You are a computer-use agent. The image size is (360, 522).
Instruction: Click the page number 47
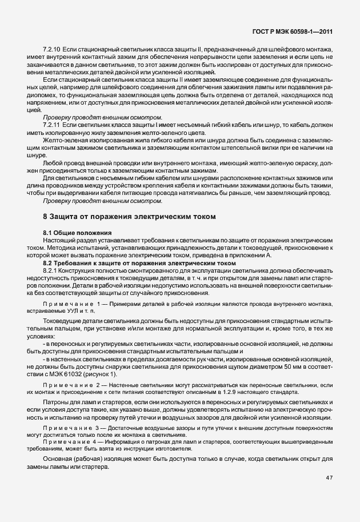pos(329,478)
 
